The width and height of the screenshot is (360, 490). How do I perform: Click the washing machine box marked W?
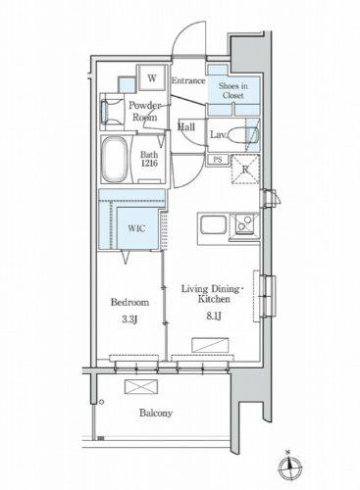152,77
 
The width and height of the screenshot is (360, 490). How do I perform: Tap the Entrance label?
188,80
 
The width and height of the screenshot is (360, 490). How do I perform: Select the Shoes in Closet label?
233,91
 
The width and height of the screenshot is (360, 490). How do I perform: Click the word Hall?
186,126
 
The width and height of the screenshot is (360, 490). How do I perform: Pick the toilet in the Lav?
242,135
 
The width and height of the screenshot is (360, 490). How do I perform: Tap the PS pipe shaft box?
218,160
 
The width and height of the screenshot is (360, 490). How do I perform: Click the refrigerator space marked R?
245,170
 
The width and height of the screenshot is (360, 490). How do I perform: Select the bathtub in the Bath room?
114,159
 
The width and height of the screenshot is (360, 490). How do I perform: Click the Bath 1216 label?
149,159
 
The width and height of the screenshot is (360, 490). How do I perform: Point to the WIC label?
136,228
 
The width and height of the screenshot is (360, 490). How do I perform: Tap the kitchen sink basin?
213,224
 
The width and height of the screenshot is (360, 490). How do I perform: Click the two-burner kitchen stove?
245,224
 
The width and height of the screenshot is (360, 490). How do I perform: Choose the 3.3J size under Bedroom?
129,319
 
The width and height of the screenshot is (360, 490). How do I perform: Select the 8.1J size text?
214,316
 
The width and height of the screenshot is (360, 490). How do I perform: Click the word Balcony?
156,413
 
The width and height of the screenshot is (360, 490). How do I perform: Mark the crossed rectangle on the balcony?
141,387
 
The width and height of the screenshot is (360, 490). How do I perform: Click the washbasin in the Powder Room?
104,112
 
